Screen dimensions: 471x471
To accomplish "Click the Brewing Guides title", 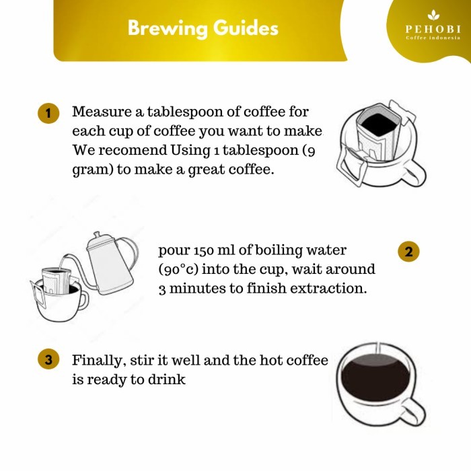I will pos(203,28).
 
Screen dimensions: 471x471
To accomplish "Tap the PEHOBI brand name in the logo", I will pos(433,29).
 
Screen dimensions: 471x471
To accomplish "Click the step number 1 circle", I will pos(47,112).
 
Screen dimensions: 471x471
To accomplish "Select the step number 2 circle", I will pos(408,252).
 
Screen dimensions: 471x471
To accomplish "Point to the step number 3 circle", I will pos(47,359).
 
